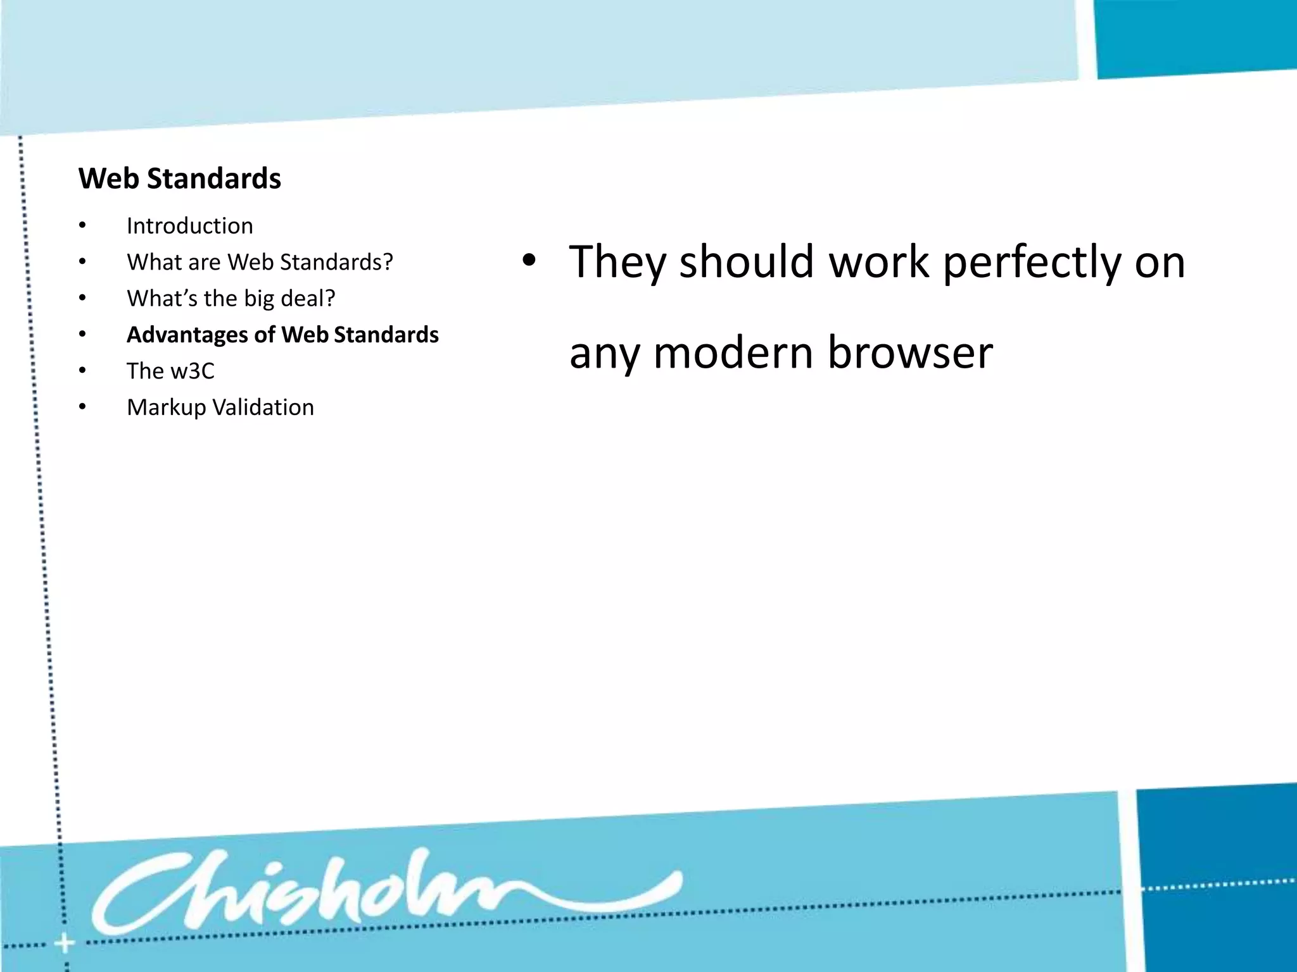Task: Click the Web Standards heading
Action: click(180, 178)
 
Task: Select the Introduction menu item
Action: click(189, 226)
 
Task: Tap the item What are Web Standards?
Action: click(260, 262)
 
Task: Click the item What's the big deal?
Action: click(231, 298)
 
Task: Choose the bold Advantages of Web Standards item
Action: click(282, 335)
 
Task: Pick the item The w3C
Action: click(170, 371)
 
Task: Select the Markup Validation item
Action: click(220, 408)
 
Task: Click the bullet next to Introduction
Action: click(82, 226)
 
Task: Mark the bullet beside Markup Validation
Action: click(82, 408)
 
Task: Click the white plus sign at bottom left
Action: click(64, 944)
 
